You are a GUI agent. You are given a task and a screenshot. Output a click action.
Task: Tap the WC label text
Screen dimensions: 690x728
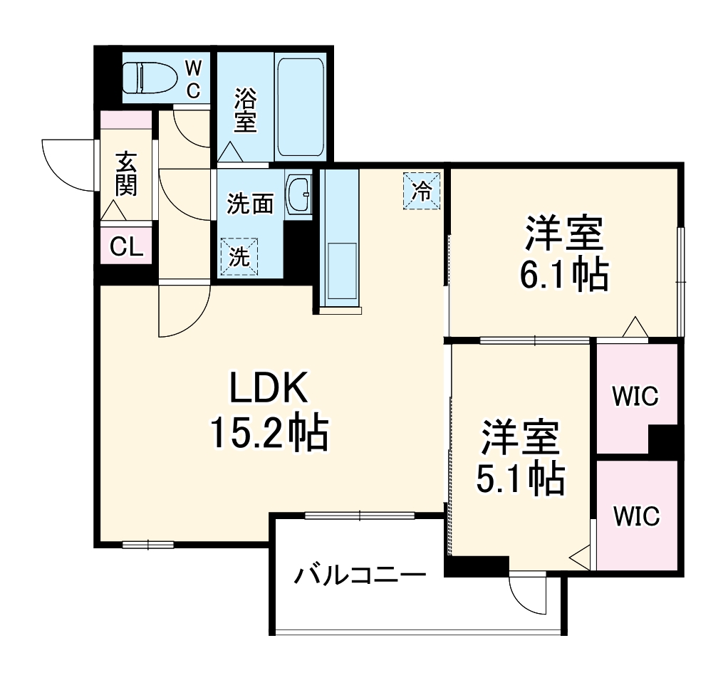193,79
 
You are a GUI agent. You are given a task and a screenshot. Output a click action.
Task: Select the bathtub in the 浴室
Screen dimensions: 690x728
300,107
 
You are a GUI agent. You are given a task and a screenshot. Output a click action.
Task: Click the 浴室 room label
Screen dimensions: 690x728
245,109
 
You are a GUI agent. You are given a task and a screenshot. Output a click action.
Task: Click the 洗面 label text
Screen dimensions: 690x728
250,204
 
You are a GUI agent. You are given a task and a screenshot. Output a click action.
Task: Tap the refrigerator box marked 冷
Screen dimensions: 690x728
422,191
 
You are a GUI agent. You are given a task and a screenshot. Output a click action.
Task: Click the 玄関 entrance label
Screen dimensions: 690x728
126,174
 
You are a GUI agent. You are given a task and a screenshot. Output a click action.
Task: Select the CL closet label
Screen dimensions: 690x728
126,247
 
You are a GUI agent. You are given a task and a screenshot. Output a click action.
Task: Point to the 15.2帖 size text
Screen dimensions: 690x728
269,432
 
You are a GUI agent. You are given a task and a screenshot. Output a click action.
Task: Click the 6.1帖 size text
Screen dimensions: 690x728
563,275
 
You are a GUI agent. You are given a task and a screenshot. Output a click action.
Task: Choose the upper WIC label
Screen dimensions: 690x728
635,396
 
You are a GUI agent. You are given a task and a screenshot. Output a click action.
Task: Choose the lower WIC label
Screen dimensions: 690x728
635,516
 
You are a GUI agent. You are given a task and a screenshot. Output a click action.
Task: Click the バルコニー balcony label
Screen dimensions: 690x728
360,574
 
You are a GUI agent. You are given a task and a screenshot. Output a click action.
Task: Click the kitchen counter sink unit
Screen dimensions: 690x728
340,242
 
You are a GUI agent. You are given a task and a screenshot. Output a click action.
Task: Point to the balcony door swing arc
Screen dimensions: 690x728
527,595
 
